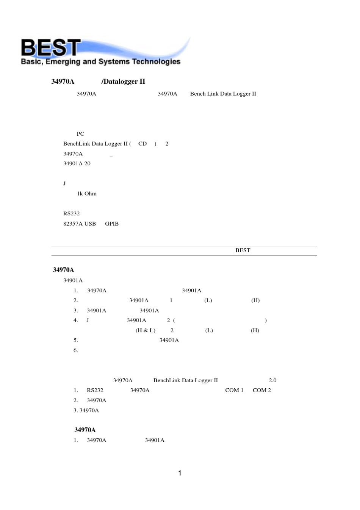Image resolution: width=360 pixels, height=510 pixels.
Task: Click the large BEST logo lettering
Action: (x=51, y=48)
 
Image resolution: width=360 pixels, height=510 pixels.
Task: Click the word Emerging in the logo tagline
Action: (x=63, y=62)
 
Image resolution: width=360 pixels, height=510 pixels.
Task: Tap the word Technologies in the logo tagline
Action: (x=156, y=62)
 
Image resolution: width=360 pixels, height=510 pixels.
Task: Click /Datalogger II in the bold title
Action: (x=123, y=82)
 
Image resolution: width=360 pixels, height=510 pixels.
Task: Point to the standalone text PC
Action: (x=80, y=134)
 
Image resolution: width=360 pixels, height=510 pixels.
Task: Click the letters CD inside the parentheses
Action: (x=142, y=144)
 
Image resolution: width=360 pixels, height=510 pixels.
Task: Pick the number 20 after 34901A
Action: (x=88, y=163)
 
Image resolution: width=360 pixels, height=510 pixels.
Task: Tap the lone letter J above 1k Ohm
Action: (x=64, y=184)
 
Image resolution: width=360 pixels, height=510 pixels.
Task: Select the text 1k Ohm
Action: (x=87, y=193)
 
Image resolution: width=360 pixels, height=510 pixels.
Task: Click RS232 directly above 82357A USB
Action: (x=72, y=213)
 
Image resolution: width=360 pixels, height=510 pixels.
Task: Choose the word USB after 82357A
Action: (x=90, y=224)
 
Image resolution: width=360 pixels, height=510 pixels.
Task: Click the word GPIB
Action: (x=112, y=224)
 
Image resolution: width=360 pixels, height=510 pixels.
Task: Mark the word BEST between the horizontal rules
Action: (x=243, y=250)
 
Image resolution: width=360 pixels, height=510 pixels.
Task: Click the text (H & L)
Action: (x=146, y=330)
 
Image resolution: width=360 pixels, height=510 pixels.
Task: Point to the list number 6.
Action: (x=76, y=350)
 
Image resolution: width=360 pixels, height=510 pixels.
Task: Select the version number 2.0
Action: (x=272, y=380)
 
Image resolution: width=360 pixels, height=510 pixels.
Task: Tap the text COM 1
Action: (x=234, y=390)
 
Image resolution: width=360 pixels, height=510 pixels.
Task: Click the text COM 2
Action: (x=262, y=390)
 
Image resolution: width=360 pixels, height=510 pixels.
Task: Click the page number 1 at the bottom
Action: (x=180, y=473)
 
